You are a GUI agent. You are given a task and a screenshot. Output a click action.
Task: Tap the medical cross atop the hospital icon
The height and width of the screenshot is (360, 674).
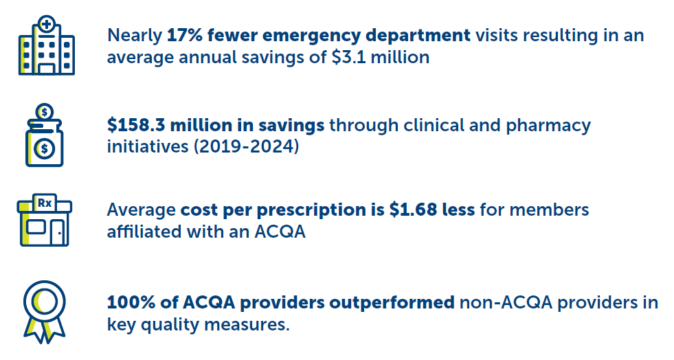pos(46,25)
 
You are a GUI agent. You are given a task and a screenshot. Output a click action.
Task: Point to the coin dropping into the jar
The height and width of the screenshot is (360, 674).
pos(45,111)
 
